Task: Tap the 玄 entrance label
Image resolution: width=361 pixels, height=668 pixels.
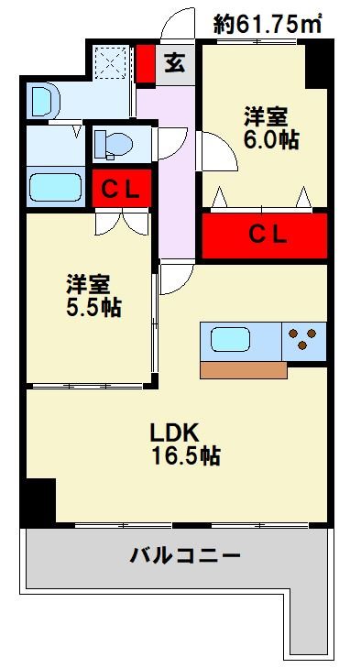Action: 174,64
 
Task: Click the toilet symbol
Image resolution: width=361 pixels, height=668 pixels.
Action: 113,144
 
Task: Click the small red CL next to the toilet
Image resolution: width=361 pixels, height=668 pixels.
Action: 120,191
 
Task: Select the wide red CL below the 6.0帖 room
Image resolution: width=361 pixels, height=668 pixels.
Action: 265,234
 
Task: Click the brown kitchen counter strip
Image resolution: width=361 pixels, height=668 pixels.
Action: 242,369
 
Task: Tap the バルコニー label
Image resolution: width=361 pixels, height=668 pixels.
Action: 184,555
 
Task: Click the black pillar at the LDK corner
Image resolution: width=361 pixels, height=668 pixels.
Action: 39,501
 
